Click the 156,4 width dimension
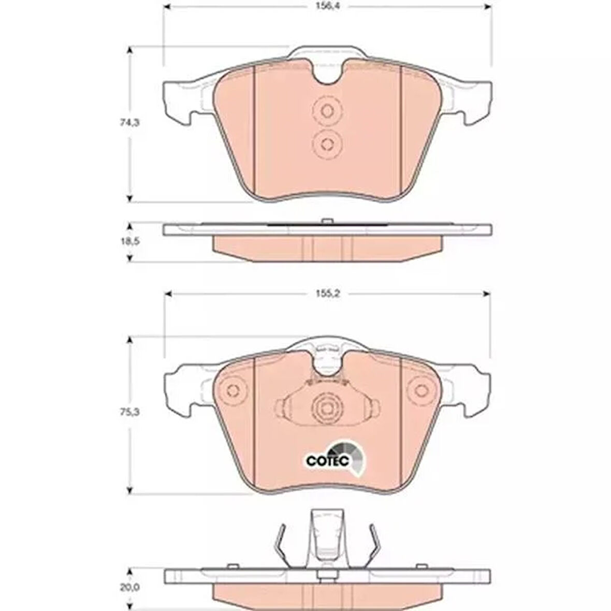coord(327,6)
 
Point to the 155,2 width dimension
coord(328,294)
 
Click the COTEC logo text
coord(327,461)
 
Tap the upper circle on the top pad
coord(327,111)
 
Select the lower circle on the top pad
coord(327,144)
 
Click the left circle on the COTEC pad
coord(233,390)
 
